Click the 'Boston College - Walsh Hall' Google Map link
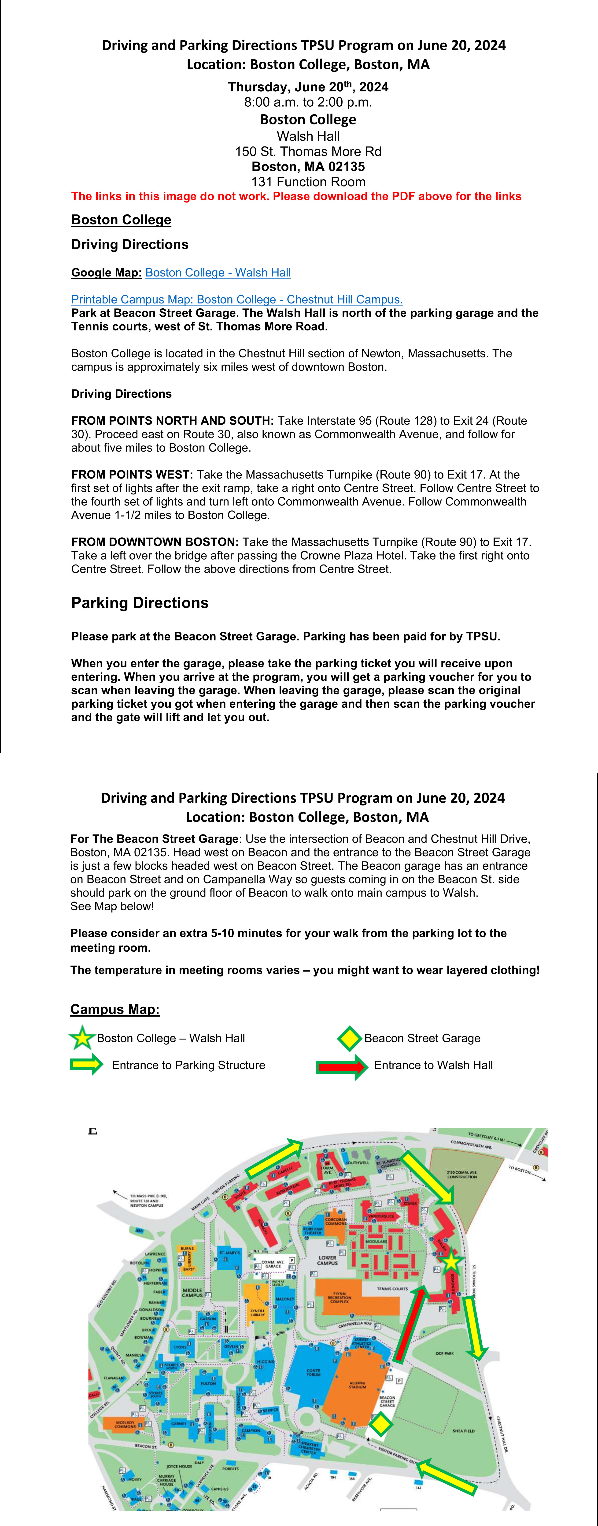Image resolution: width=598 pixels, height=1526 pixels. (218, 273)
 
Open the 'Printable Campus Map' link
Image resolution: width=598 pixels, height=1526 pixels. (237, 300)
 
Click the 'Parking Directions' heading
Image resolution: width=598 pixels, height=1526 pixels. (140, 603)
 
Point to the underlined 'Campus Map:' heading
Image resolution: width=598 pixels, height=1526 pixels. (115, 1010)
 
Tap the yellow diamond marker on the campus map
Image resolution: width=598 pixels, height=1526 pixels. (381, 1424)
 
